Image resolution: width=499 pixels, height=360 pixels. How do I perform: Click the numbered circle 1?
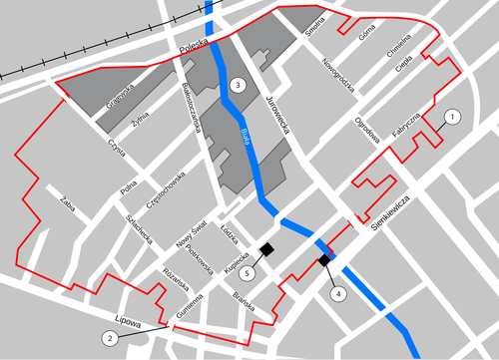pos(451,118)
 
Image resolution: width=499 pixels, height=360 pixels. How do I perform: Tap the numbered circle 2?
pos(110,338)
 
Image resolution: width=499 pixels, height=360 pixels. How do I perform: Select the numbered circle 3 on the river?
pos(237,85)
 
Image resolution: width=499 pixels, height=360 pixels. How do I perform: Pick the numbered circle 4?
pos(337,294)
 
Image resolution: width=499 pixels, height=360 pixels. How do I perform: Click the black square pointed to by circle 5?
pos(266,247)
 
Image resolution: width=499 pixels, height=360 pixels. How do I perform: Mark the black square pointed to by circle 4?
pos(324,260)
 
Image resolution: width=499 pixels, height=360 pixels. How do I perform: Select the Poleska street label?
pos(192,45)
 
